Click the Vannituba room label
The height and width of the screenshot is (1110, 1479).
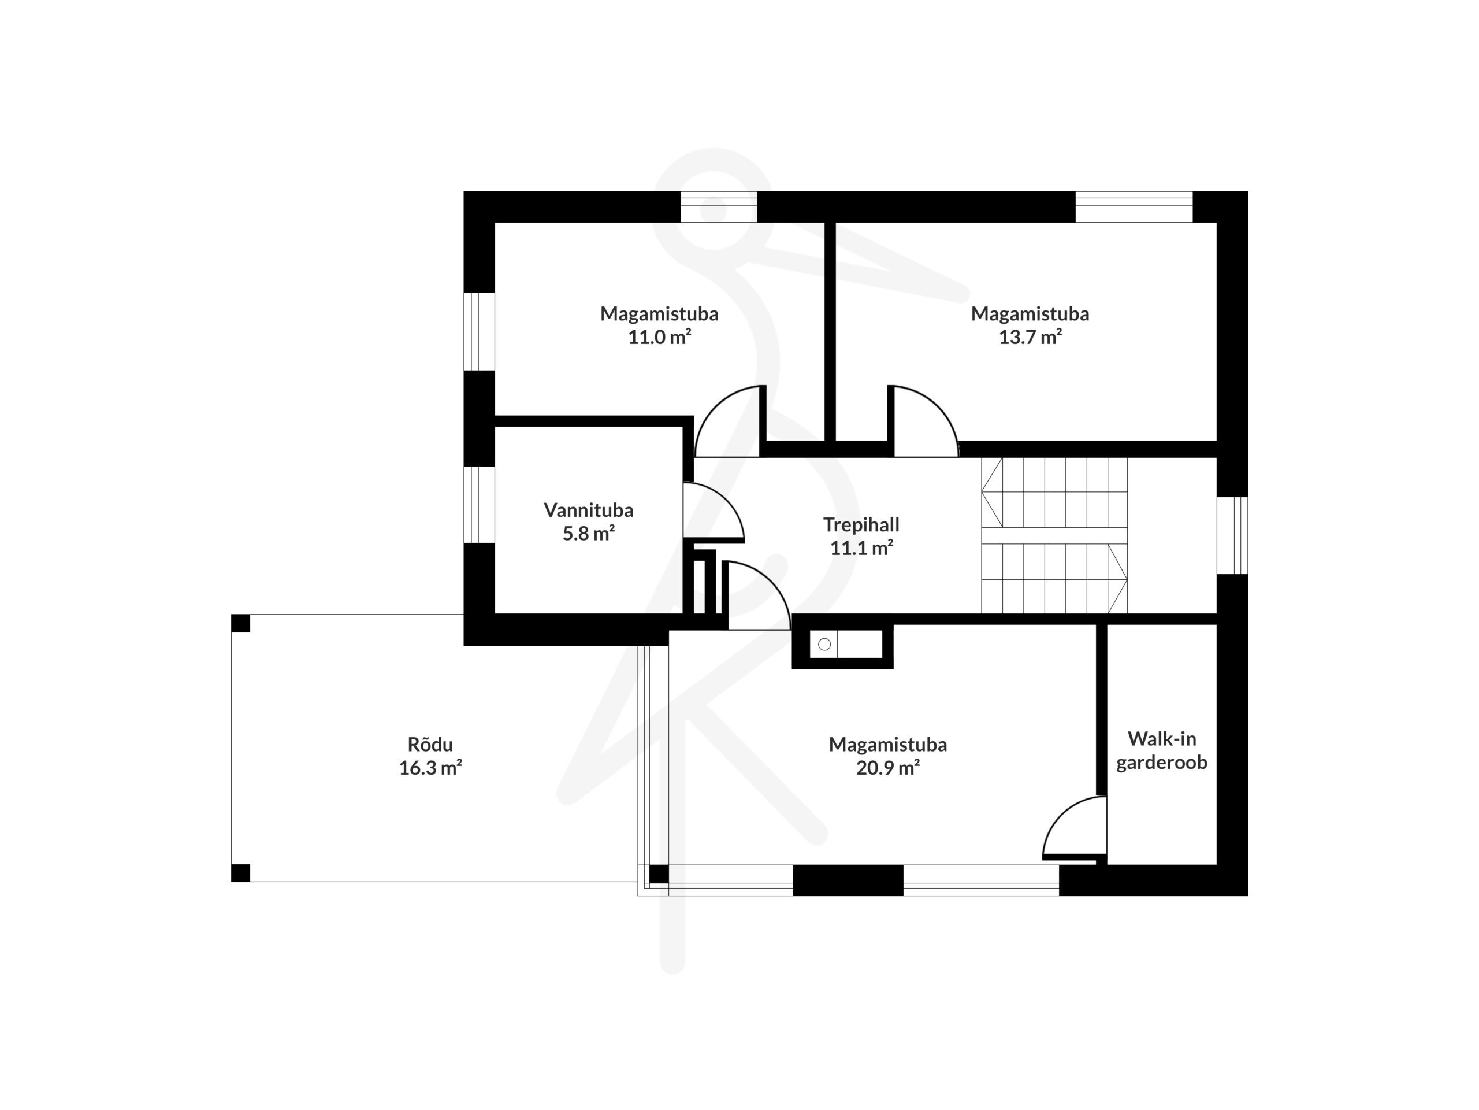point(588,510)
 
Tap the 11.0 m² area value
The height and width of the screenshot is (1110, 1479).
point(659,336)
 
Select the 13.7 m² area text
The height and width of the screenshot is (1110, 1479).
point(1030,336)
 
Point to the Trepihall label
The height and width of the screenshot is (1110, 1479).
point(861,525)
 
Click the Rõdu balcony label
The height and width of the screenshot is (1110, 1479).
point(430,744)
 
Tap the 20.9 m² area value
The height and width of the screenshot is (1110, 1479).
point(888,767)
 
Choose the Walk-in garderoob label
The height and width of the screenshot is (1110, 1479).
point(1162,751)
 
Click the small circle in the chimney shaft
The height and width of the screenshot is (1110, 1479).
point(824,645)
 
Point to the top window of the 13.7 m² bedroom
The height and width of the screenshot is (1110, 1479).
point(1134,207)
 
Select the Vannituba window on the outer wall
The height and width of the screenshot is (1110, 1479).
point(480,505)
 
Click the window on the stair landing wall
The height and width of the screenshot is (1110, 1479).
point(1232,535)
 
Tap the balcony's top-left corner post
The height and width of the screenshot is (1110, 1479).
point(241,623)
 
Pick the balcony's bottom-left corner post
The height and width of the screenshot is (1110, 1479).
point(241,872)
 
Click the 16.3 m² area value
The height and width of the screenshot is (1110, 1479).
point(430,767)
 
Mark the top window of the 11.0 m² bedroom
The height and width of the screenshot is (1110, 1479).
point(719,207)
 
